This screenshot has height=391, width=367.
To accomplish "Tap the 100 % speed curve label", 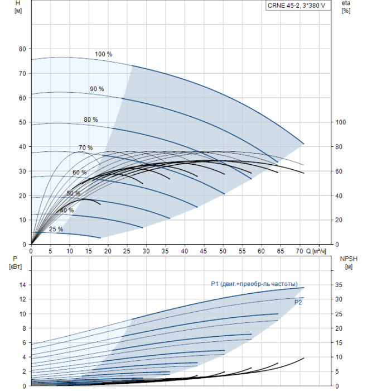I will click(103, 54).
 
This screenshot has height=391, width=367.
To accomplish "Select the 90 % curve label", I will click(96, 89).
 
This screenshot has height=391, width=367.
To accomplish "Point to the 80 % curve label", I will click(90, 120).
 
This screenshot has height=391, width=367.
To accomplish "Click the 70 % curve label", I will click(85, 148).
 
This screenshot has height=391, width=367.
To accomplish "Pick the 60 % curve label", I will click(79, 173).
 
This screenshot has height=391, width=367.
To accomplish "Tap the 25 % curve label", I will click(56, 229).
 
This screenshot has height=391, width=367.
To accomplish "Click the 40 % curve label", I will click(66, 210).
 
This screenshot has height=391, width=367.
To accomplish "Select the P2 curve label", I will click(298, 302).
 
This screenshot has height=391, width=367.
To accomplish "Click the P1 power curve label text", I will click(254, 284).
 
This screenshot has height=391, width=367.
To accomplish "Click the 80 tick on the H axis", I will click(23, 49).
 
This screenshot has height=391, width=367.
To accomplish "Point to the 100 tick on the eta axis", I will click(341, 122).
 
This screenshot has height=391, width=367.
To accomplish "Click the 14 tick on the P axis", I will click(23, 285).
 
